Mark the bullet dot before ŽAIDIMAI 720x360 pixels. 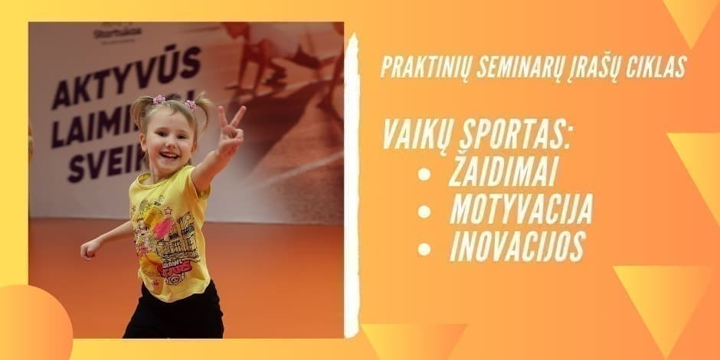424,175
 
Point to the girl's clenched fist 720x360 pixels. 90,247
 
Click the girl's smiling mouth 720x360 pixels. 170,156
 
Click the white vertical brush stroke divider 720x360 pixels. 352,184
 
